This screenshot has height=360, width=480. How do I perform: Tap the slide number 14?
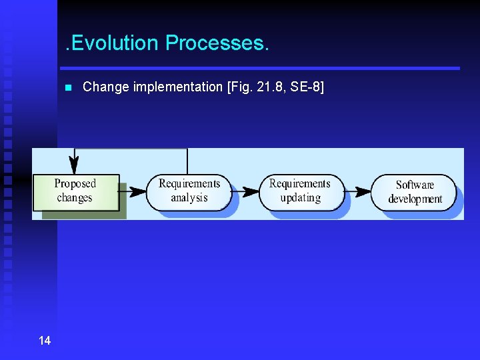(45, 341)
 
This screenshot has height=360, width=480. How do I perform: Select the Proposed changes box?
(75, 191)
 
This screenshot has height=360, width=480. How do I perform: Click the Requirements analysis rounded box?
(189, 191)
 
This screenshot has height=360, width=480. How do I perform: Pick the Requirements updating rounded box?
(300, 191)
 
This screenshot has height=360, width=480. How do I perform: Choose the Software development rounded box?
(414, 192)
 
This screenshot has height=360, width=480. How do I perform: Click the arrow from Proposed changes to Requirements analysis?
(133, 191)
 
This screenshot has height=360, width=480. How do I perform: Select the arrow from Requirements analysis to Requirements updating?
(245, 191)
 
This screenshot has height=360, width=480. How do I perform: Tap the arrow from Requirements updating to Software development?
(357, 191)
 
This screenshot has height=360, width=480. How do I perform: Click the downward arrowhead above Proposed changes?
(74, 164)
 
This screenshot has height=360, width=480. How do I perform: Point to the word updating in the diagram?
(300, 198)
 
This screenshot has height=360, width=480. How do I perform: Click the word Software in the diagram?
(415, 185)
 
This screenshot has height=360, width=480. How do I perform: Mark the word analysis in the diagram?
(189, 198)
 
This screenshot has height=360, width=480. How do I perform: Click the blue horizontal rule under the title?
(260, 68)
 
